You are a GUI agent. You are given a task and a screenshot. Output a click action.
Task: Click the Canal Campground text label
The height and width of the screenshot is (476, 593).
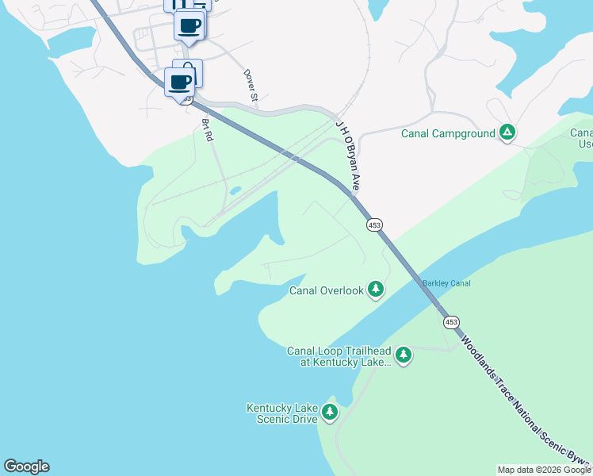[448, 133]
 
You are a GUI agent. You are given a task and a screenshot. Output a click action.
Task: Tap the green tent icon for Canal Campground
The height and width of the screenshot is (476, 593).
[507, 132]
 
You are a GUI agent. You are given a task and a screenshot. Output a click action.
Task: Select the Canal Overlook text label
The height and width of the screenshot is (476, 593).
[326, 290]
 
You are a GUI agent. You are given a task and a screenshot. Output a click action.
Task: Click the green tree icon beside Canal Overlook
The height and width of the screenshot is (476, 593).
[376, 290]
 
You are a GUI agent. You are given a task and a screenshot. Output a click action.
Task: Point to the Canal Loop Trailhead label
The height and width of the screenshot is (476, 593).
[339, 356]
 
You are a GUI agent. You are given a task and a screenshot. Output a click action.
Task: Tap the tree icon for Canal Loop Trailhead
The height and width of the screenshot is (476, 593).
[404, 354]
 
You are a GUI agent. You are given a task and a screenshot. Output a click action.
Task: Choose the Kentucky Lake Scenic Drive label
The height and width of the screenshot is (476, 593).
[281, 413]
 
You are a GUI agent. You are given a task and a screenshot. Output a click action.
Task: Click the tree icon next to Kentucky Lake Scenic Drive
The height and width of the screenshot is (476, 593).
[329, 412]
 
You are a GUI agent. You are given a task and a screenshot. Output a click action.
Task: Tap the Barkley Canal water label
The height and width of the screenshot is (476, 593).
[446, 283]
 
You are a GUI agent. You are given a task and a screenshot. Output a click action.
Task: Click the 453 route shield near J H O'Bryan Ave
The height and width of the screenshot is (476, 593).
[375, 225]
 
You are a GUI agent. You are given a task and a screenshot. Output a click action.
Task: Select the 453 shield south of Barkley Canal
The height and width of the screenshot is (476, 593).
[450, 321]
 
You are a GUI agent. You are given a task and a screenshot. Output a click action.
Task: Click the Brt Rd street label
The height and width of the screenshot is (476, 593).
[208, 130]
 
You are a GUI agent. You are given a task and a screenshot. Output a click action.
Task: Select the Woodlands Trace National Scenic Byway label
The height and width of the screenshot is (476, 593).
[523, 397]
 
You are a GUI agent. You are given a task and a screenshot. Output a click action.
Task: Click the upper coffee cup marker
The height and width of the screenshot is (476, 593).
[189, 25]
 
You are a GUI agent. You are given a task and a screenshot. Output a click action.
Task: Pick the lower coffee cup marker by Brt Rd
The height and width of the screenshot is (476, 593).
[180, 81]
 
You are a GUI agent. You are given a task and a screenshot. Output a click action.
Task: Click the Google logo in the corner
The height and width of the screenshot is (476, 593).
[26, 466]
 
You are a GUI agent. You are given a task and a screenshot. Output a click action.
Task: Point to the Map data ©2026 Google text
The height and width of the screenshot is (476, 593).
[544, 470]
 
